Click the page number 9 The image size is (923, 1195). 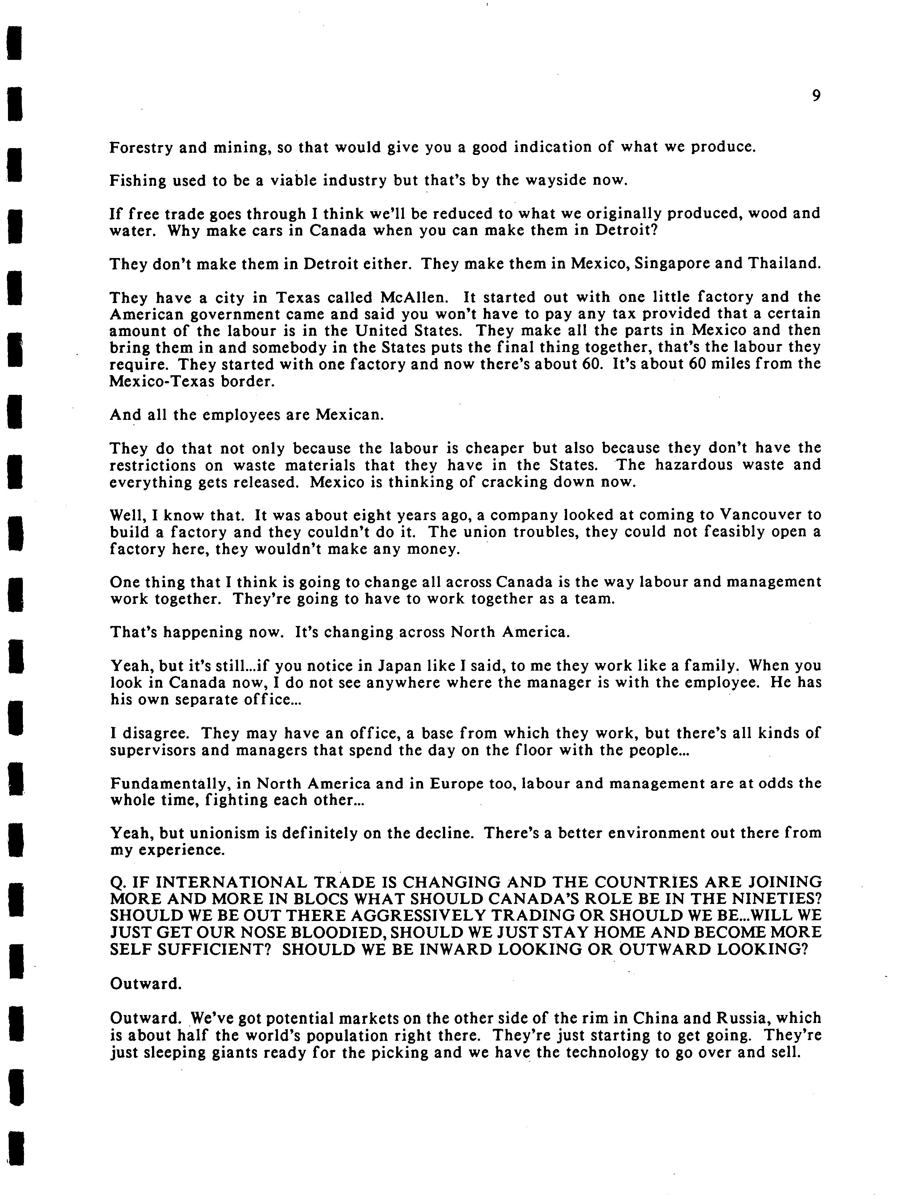coord(816,96)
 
